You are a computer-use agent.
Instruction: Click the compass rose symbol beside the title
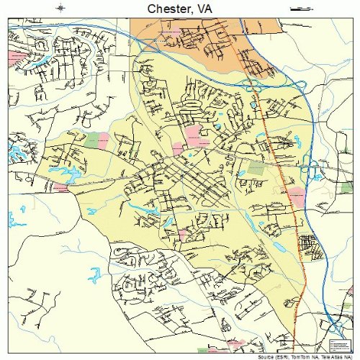[x=61, y=8]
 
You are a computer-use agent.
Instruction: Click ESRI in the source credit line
[x=271, y=357]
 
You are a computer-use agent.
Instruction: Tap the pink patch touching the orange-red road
[x=296, y=194]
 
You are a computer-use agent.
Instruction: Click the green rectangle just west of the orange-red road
[x=256, y=168]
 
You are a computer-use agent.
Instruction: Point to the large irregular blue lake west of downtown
[x=70, y=173]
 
